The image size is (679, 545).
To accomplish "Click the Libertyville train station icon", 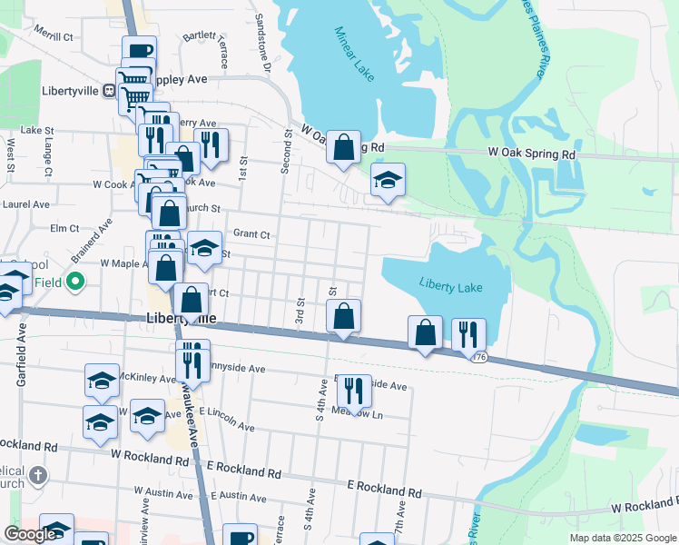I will click(x=108, y=90).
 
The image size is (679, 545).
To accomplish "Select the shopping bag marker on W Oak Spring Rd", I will click(x=343, y=148).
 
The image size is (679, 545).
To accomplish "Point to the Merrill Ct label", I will click(x=54, y=36).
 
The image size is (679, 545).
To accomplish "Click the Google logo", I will click(x=30, y=534).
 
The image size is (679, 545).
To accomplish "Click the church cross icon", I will click(x=38, y=474).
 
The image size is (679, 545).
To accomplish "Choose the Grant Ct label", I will click(x=251, y=233).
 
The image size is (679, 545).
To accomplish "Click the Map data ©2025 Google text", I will click(x=622, y=538).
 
